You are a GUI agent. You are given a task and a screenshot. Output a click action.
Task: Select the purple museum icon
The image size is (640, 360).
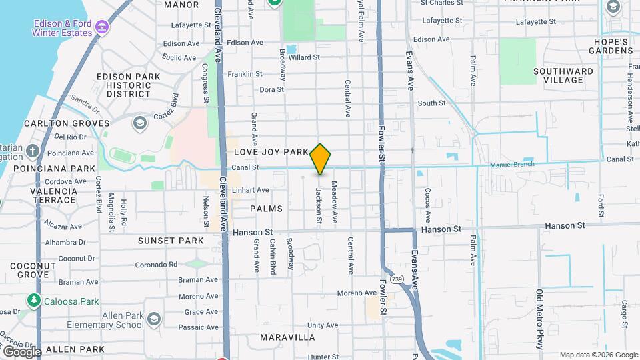pos(101,27)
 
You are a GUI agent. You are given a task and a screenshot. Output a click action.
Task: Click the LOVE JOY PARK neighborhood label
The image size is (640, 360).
pos(271,152)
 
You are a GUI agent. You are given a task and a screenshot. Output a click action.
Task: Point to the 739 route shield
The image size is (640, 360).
pos(397,279)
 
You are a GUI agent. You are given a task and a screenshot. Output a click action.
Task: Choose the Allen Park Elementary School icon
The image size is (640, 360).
pos(154,319)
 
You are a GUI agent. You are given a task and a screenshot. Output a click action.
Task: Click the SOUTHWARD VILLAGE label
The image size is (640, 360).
pos(563,75)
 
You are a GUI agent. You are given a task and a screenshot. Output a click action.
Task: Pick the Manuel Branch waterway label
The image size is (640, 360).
pos(512,164)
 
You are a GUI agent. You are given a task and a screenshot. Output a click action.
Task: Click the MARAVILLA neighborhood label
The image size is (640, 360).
pos(287,337)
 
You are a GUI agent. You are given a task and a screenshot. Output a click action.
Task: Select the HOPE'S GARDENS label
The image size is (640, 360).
pos(611,47)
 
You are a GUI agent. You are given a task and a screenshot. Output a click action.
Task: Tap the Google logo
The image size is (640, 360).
pos(21,351)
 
